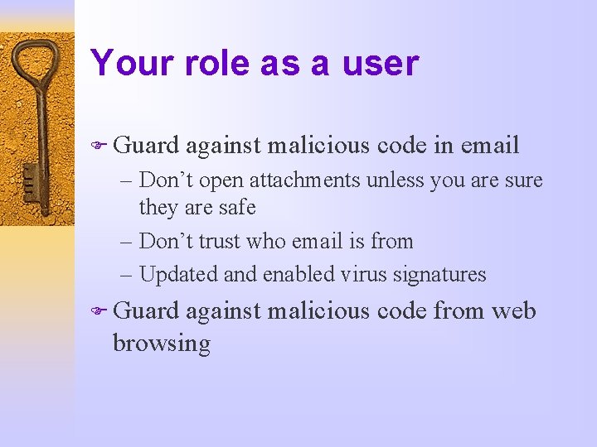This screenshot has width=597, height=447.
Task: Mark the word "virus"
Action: click(359, 274)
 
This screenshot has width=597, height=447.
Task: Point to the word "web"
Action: click(514, 311)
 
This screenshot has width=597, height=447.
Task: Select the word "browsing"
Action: click(161, 344)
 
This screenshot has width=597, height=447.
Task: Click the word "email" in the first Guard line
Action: click(488, 146)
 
